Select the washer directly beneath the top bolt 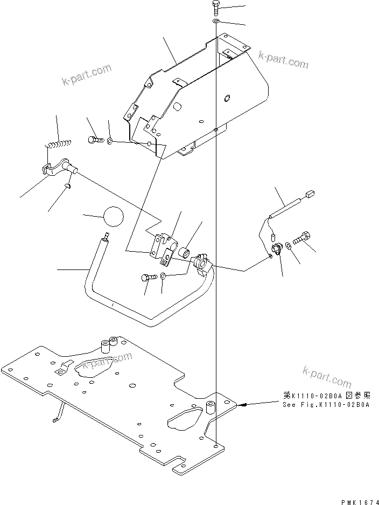(216, 20)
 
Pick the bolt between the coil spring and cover (94, 140)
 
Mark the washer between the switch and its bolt (290, 246)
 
